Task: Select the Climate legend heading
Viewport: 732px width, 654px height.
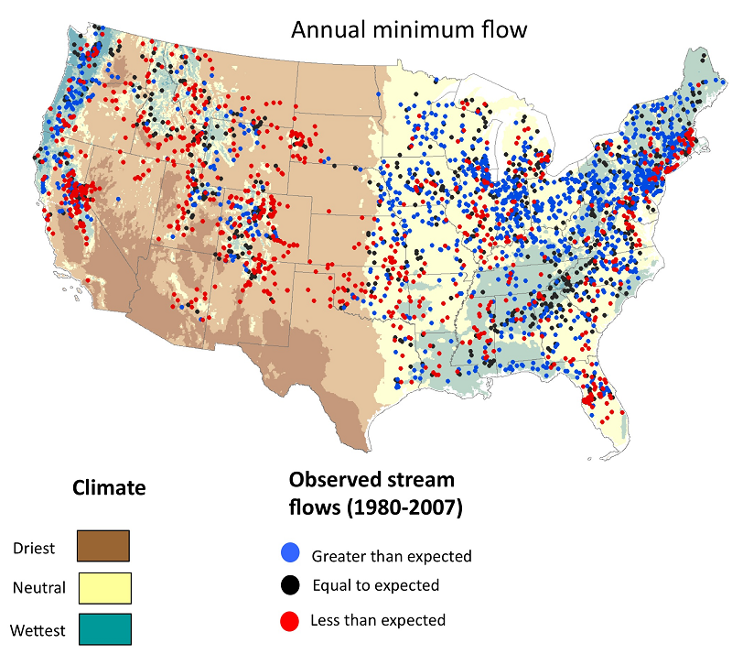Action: pos(109,487)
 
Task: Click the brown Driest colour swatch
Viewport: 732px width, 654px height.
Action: pos(103,545)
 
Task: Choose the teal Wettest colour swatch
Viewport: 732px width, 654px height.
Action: pos(103,629)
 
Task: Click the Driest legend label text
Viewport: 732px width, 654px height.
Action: pos(34,549)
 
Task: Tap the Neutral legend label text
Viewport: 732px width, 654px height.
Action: pos(39,588)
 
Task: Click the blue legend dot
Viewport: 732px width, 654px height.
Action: pos(289,554)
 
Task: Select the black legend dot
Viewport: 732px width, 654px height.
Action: pos(289,585)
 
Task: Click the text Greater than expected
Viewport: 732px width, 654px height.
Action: pos(392,556)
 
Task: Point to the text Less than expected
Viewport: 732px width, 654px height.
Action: pos(378,621)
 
